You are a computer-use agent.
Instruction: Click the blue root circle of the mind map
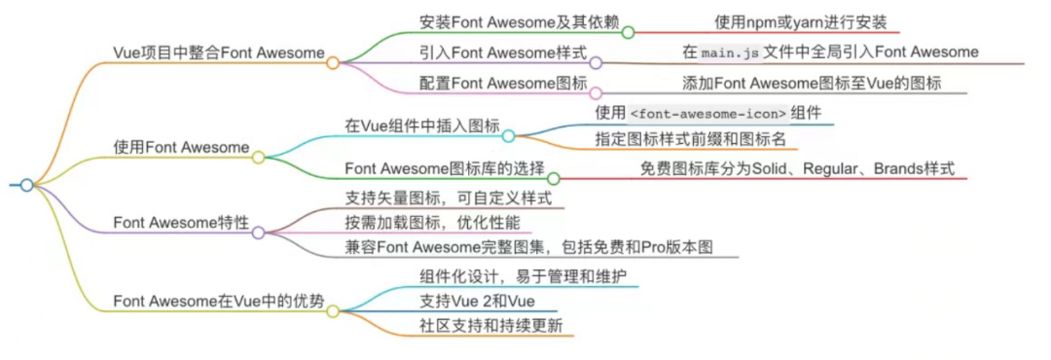click(x=27, y=185)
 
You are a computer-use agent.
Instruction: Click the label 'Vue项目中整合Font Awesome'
click(x=219, y=52)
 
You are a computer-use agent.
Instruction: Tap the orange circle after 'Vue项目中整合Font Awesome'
click(x=333, y=63)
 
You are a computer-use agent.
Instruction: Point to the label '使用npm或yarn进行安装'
click(x=801, y=21)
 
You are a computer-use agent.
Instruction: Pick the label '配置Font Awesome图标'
click(x=503, y=83)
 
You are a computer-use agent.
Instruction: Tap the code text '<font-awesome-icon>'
click(x=707, y=114)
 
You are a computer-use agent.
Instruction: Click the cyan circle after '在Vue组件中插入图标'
click(x=508, y=136)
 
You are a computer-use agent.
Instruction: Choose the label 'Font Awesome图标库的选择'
click(x=444, y=168)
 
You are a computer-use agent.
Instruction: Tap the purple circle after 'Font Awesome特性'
click(x=258, y=233)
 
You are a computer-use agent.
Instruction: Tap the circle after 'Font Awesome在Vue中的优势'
click(x=333, y=311)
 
